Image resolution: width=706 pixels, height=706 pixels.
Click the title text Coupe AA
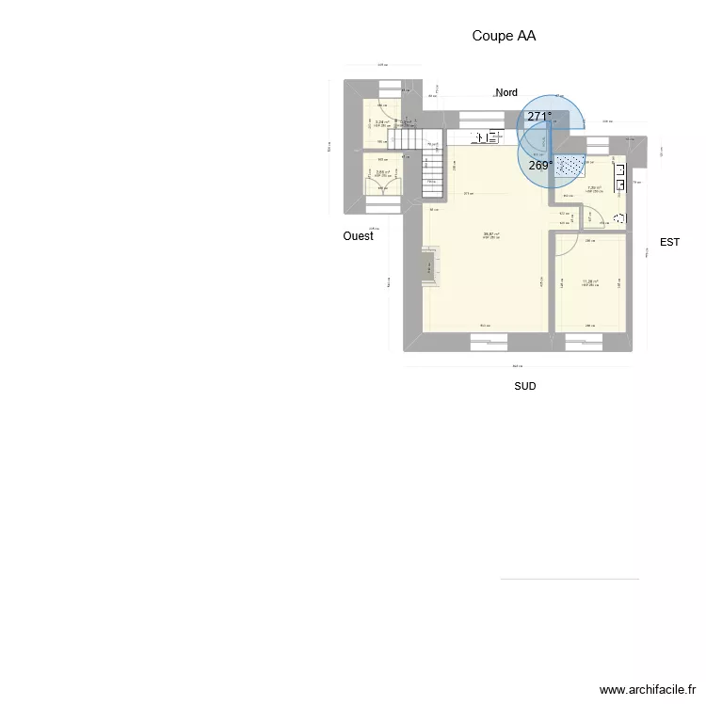[504, 37]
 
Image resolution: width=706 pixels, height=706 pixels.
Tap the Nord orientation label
[506, 92]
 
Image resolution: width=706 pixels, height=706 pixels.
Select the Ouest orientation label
[358, 236]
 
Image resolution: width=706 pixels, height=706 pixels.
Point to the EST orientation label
[669, 242]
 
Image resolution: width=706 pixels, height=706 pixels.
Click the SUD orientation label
[525, 386]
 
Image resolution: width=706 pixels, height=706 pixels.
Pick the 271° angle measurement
[539, 117]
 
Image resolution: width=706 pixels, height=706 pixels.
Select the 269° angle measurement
[539, 166]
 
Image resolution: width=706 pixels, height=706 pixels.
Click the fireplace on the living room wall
[431, 267]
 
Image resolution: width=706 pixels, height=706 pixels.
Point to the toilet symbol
[618, 219]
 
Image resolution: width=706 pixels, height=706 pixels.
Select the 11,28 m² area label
[591, 281]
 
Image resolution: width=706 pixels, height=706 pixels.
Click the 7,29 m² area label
[595, 187]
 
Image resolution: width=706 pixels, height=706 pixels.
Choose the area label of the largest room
[491, 235]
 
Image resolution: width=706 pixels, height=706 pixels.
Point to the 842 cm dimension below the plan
[517, 366]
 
